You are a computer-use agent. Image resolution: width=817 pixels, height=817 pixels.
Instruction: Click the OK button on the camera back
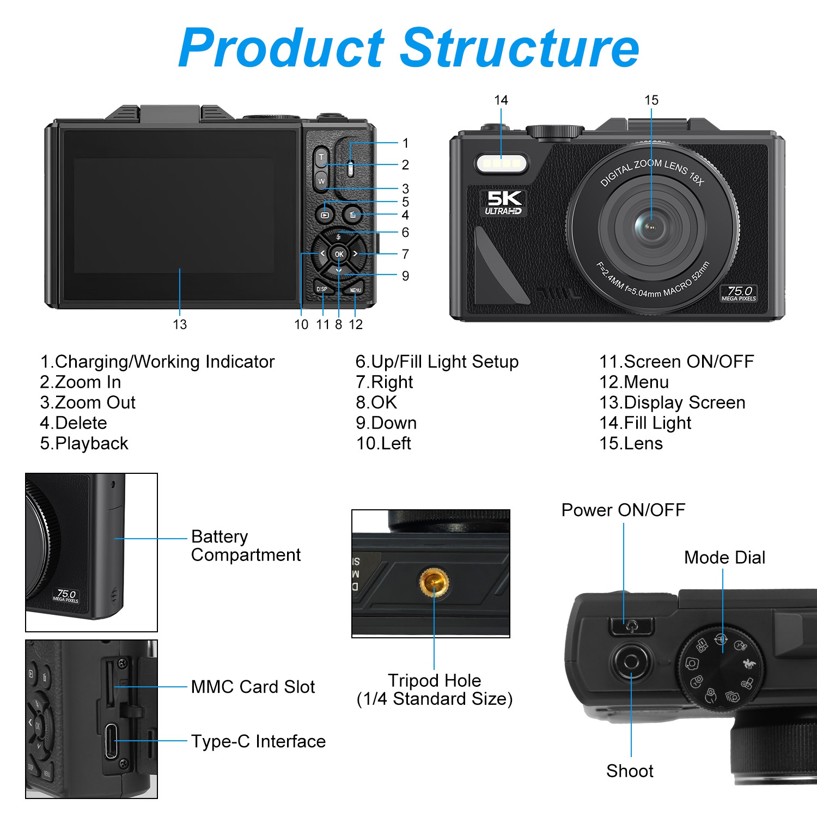click(x=339, y=254)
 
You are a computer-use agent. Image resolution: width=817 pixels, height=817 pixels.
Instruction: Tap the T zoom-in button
click(x=321, y=157)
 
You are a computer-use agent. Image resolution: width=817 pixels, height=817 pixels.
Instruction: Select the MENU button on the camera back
click(x=355, y=290)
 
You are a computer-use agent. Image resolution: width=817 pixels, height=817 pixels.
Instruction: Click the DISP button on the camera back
click(x=322, y=289)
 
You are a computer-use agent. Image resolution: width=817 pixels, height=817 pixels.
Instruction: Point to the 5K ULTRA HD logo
click(x=503, y=202)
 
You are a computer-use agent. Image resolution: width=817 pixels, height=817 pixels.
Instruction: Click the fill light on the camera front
click(x=502, y=163)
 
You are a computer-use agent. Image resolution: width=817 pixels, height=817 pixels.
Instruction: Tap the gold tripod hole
click(x=434, y=581)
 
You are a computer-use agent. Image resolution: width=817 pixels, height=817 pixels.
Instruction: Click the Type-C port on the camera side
click(x=111, y=741)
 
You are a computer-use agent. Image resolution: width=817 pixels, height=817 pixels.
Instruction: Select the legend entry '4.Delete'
click(x=74, y=423)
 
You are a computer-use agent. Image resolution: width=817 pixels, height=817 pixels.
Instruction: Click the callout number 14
click(x=501, y=100)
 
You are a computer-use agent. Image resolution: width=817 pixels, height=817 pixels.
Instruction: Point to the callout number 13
click(x=180, y=325)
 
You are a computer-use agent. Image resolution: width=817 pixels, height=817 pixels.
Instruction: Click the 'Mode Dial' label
click(x=724, y=557)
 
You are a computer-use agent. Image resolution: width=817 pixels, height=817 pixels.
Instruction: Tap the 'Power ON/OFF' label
click(x=623, y=510)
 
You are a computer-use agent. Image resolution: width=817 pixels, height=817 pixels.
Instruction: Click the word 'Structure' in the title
click(x=520, y=48)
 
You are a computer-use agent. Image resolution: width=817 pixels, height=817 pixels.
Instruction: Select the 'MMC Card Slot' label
click(x=253, y=687)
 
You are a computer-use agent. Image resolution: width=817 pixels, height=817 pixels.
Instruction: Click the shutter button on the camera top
click(x=631, y=662)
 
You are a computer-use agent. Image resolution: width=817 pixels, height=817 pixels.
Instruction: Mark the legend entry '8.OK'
click(x=376, y=403)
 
